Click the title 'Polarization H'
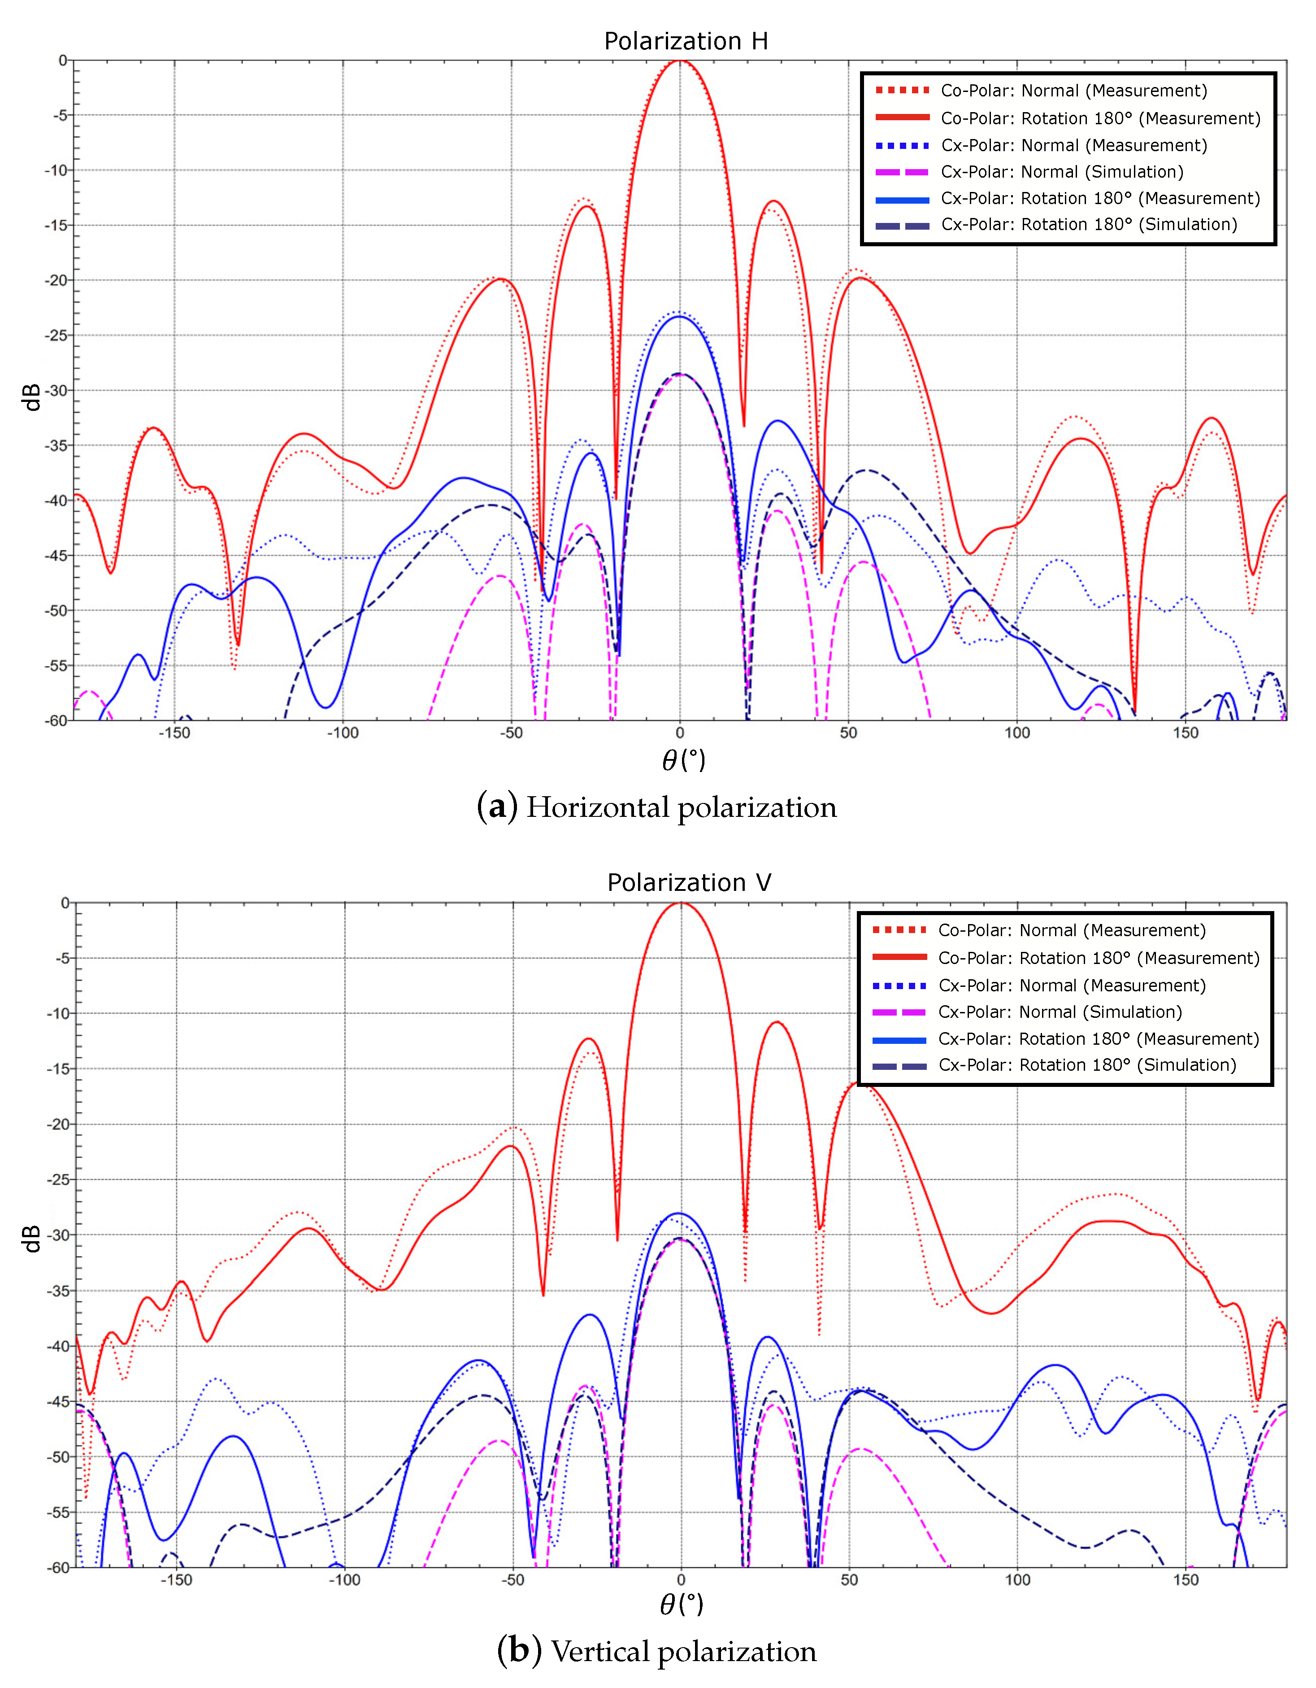coord(686,41)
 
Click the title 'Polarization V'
coord(689,883)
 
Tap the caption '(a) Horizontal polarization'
coord(657,808)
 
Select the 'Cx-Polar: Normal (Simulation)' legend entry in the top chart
coord(1062,172)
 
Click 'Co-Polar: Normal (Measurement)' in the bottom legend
coord(1071,930)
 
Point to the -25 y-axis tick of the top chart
coord(56,336)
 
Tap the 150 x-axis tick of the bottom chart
coord(1186,1580)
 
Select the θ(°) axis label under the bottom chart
coord(682,1605)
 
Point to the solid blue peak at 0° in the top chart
coord(680,316)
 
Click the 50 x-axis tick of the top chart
coord(848,733)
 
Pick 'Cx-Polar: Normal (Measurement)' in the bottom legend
coord(1071,986)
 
